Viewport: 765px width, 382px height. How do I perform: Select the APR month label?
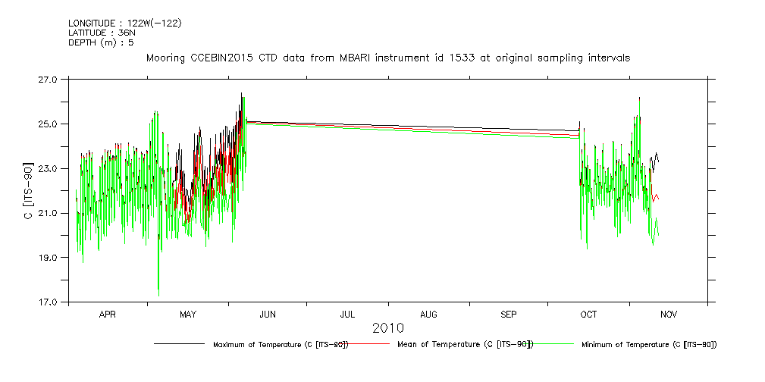(x=108, y=314)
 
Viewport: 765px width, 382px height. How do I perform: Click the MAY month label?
(x=188, y=314)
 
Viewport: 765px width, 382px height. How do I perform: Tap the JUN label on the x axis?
(x=268, y=314)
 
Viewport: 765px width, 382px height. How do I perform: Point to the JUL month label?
(x=348, y=314)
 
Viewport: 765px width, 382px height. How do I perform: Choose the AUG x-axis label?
(x=428, y=314)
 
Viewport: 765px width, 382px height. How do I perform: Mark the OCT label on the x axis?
(x=588, y=314)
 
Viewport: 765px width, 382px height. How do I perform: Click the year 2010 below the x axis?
(x=387, y=328)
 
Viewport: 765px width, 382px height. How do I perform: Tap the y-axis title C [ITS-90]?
(x=28, y=190)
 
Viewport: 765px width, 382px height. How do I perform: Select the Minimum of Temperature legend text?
(x=648, y=345)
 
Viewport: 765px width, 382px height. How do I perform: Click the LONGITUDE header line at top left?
(x=124, y=23)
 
